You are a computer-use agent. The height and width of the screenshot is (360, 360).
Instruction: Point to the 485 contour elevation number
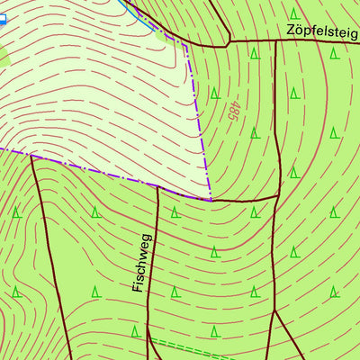click(x=235, y=111)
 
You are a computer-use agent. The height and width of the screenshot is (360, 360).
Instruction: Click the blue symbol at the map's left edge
click(x=2, y=19)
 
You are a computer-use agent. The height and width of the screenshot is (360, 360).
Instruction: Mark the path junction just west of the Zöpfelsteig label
click(x=229, y=41)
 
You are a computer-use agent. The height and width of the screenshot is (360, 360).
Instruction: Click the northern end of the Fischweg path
click(x=157, y=186)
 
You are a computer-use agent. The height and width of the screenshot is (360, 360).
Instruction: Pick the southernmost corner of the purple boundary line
click(x=211, y=200)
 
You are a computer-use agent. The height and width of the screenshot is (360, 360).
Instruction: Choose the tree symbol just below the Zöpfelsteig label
click(x=334, y=53)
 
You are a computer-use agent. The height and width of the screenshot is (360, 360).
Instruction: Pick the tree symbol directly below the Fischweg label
click(x=136, y=331)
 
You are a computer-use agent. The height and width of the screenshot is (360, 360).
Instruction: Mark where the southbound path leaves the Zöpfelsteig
click(x=274, y=41)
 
